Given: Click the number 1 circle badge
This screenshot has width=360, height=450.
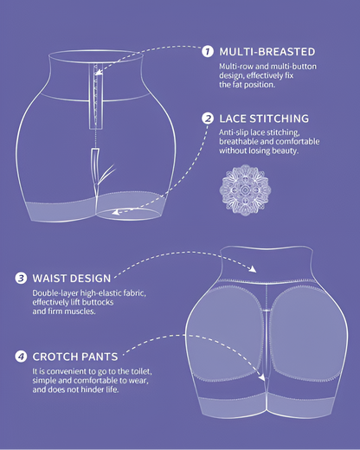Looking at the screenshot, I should (208, 51).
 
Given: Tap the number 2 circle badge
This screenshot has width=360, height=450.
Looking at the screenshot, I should (208, 119).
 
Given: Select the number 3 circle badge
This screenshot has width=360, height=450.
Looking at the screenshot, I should (20, 279).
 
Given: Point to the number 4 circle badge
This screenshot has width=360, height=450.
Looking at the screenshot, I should (20, 356).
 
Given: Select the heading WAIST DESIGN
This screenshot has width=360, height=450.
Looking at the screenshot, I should (72, 279).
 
